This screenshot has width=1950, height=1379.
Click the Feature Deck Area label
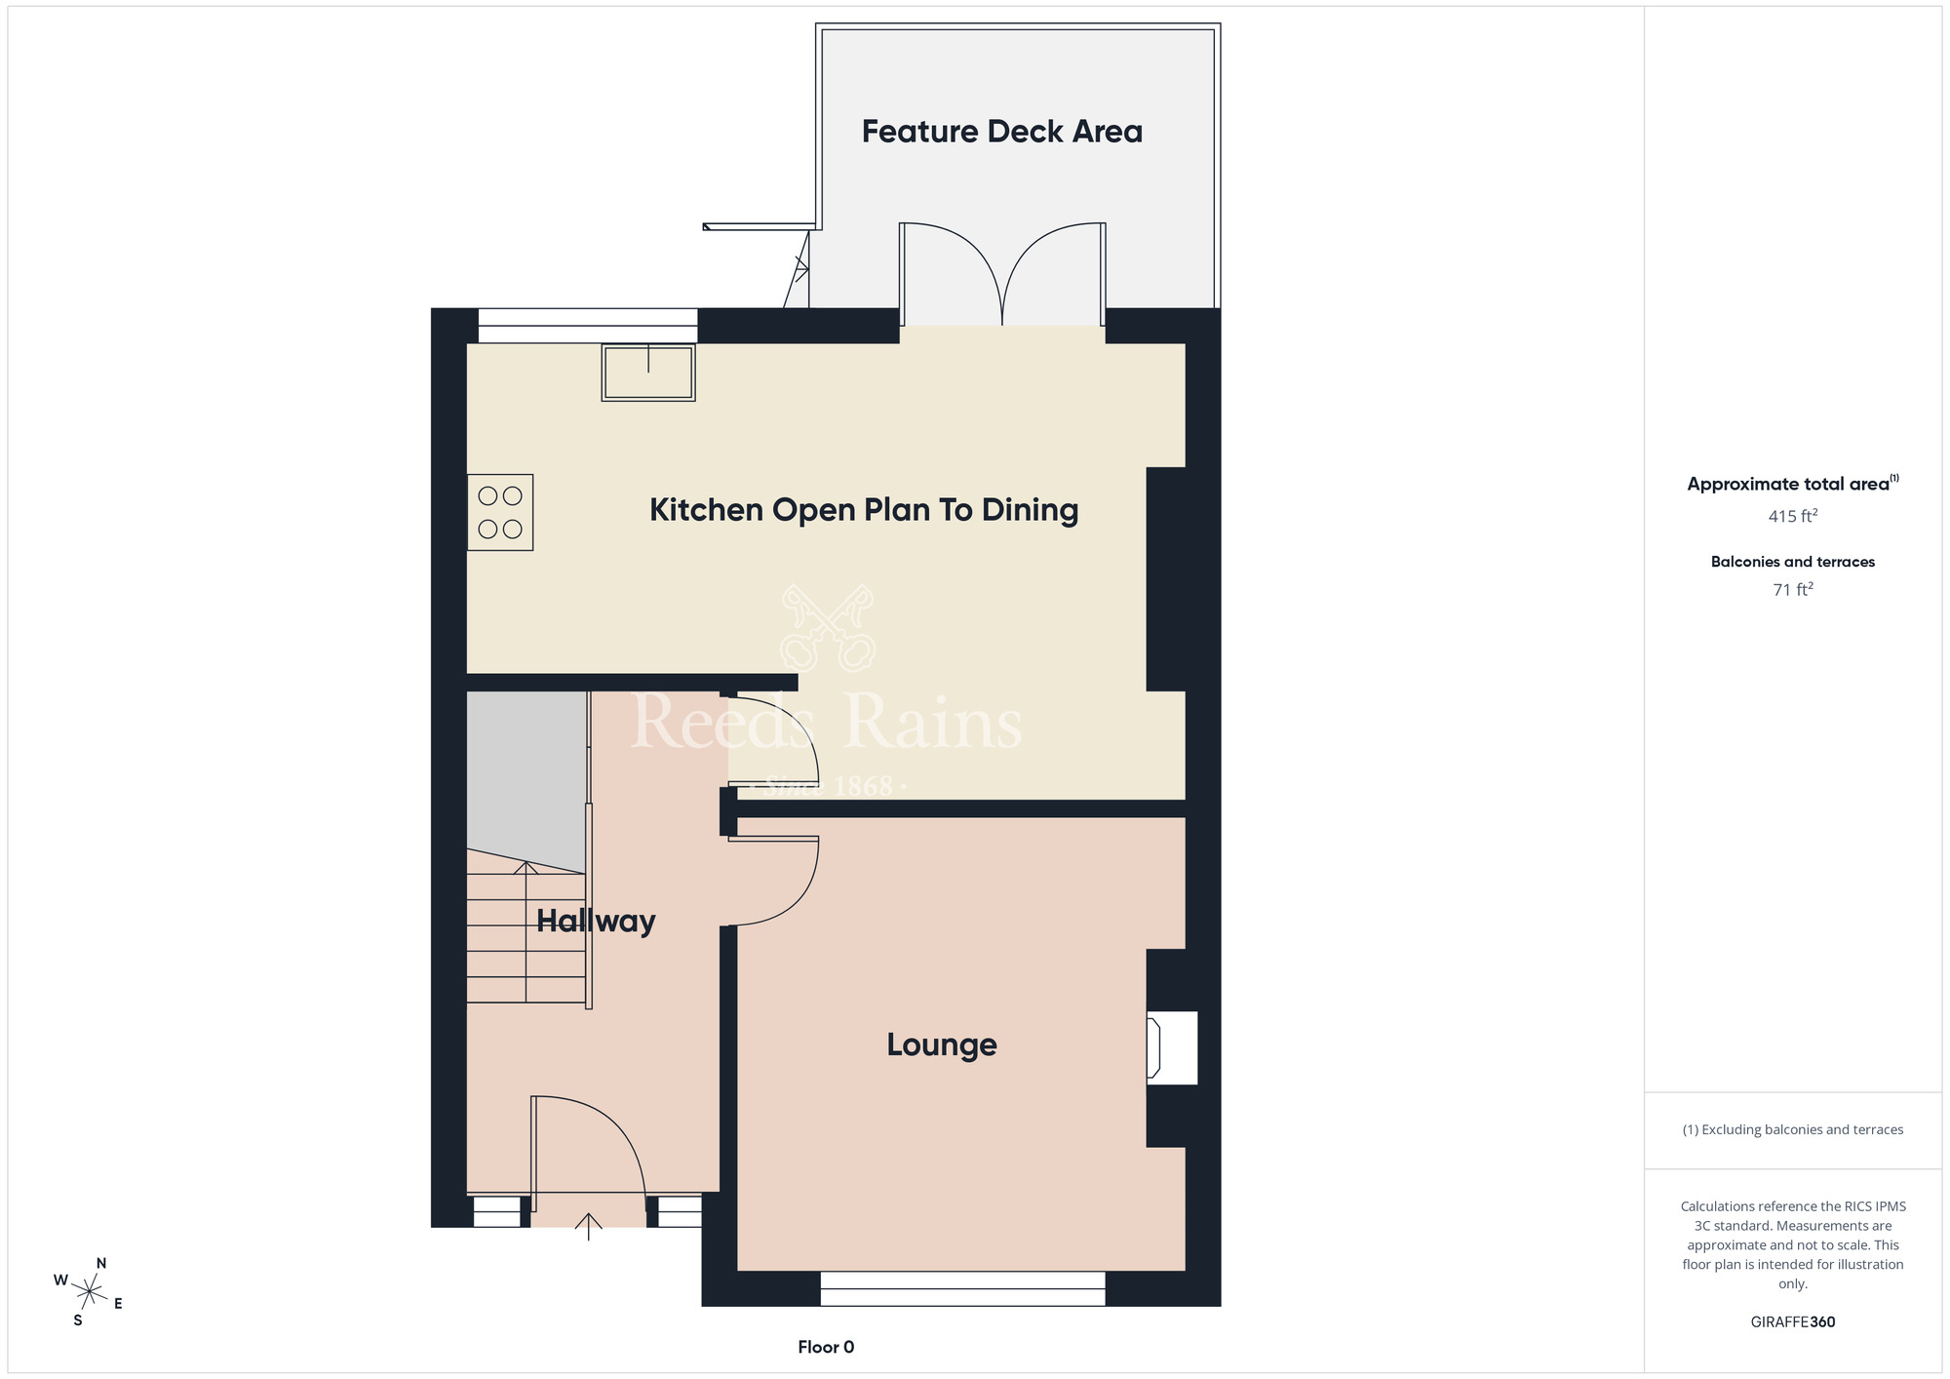pyautogui.click(x=1001, y=132)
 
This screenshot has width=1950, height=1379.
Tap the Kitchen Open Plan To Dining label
pyautogui.click(x=864, y=510)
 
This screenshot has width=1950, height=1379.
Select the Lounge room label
pyautogui.click(x=941, y=1044)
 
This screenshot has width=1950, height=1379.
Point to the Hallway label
pyautogui.click(x=595, y=921)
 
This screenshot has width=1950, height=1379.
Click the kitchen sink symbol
pyautogui.click(x=648, y=372)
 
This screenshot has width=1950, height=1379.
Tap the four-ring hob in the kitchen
pyautogui.click(x=500, y=512)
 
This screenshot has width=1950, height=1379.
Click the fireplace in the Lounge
pyautogui.click(x=1171, y=1048)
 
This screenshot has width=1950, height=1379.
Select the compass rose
pyautogui.click(x=89, y=1292)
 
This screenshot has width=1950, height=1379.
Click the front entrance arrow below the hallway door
pyautogui.click(x=588, y=1225)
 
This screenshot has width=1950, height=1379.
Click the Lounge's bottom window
pyautogui.click(x=962, y=1288)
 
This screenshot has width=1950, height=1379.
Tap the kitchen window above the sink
pyautogui.click(x=587, y=326)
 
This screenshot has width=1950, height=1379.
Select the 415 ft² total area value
pyautogui.click(x=1792, y=516)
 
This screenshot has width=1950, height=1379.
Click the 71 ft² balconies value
pyautogui.click(x=1792, y=589)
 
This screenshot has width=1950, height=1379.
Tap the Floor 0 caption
pyautogui.click(x=826, y=1347)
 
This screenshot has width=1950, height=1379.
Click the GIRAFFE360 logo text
pyautogui.click(x=1792, y=1322)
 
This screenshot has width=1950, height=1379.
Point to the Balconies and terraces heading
pyautogui.click(x=1792, y=562)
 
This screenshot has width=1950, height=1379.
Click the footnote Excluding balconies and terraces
pyautogui.click(x=1792, y=1129)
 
